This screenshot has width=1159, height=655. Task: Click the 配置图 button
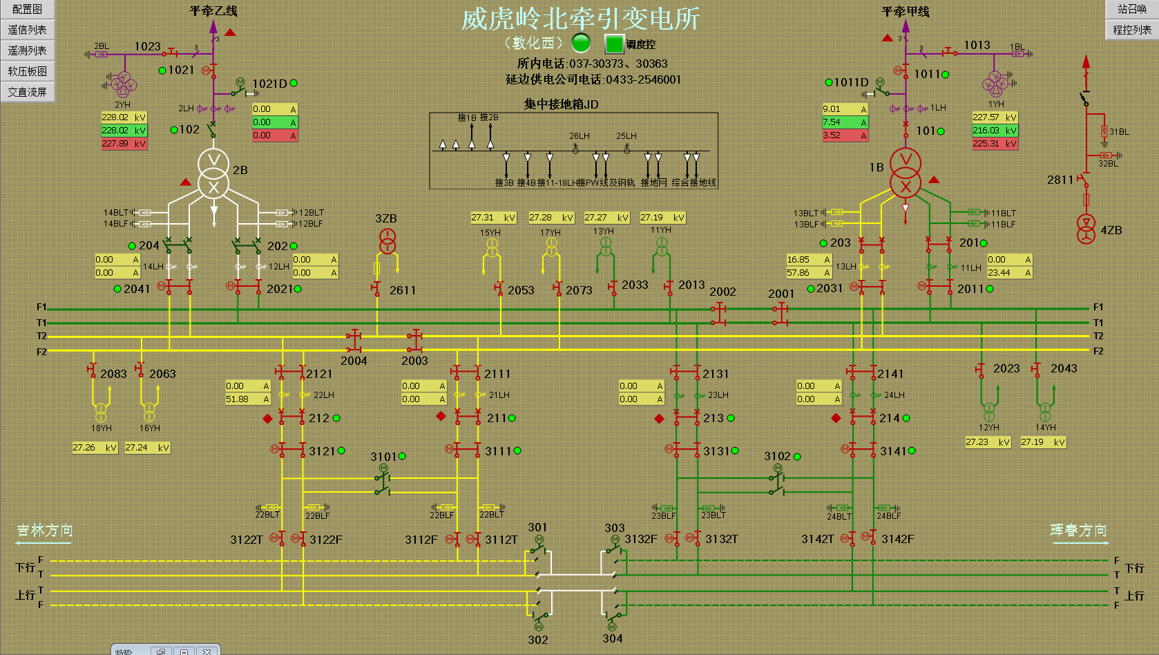click(x=27, y=9)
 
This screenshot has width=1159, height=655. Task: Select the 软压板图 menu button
click(x=27, y=71)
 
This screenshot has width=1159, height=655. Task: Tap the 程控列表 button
click(x=1131, y=30)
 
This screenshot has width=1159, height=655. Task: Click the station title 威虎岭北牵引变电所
click(x=580, y=19)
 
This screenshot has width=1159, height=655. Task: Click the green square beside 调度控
click(x=614, y=44)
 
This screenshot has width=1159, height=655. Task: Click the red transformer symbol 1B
click(x=905, y=173)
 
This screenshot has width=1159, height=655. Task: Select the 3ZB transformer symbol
click(x=387, y=241)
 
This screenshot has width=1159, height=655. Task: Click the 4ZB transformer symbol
click(x=1086, y=229)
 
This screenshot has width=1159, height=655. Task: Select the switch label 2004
click(x=354, y=361)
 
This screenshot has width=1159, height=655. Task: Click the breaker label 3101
click(x=383, y=457)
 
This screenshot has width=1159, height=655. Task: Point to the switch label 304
click(x=612, y=638)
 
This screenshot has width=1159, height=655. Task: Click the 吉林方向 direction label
click(x=45, y=531)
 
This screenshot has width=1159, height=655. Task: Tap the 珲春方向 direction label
click(x=1078, y=531)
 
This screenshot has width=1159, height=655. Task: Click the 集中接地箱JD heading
click(x=561, y=104)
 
